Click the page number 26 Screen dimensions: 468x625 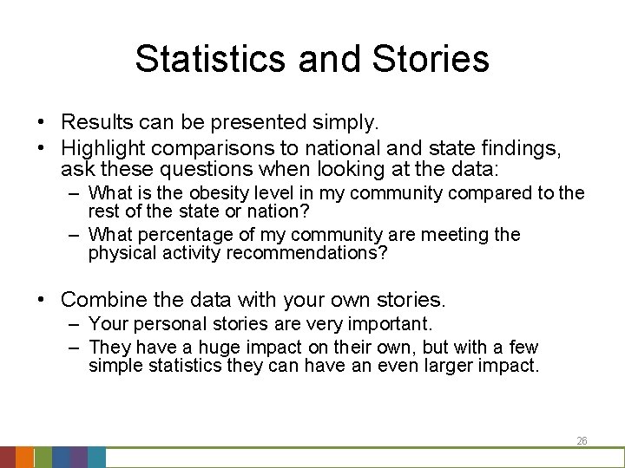pyautogui.click(x=582, y=441)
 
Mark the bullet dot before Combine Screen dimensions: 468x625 pyautogui.click(x=41, y=301)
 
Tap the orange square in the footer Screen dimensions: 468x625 pyautogui.click(x=25, y=457)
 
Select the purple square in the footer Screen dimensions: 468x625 pyautogui.click(x=78, y=457)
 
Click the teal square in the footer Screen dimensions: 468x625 pyautogui.click(x=96, y=457)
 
